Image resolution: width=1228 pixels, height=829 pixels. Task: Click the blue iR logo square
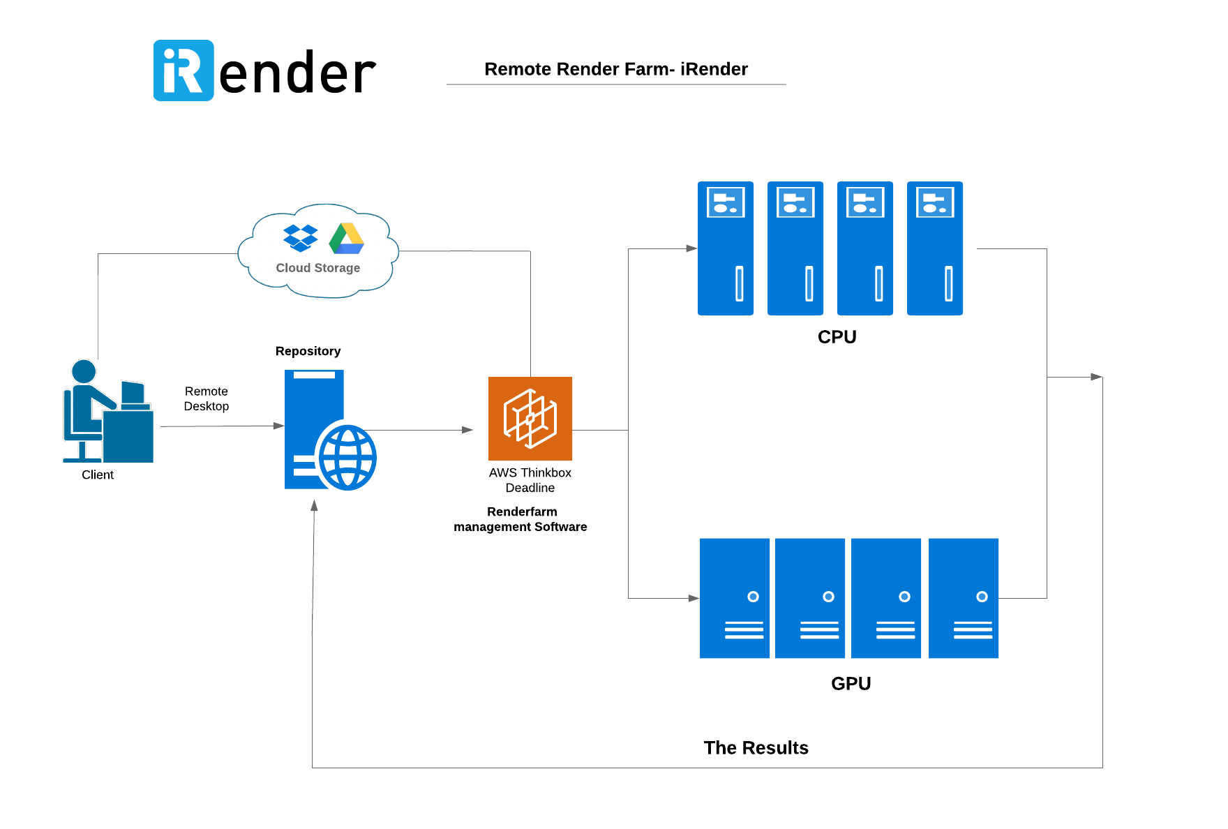[184, 70]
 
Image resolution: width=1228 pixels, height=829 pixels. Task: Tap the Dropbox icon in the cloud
[300, 238]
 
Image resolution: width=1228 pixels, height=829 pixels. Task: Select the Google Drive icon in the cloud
[347, 239]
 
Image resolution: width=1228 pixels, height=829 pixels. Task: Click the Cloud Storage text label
[317, 268]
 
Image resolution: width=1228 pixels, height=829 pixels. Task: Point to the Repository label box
[308, 352]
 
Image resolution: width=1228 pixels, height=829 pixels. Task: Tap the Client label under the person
[98, 476]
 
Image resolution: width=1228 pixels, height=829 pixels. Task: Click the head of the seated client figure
[84, 371]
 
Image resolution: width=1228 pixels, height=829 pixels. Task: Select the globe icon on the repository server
[347, 457]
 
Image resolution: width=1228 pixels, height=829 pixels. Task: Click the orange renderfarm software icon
[530, 419]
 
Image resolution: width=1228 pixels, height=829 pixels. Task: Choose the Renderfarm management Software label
[521, 520]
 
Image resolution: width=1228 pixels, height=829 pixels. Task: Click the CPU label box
[837, 338]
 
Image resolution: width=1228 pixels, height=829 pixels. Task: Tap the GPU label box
[851, 685]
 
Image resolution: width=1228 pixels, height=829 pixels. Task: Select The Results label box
[756, 749]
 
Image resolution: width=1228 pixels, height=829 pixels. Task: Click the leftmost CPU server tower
[726, 248]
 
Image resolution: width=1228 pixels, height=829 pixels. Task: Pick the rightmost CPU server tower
[935, 248]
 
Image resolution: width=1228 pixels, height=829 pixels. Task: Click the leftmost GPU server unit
[735, 598]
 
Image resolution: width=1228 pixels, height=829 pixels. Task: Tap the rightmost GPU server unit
[964, 598]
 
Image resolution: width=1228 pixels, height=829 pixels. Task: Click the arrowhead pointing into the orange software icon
[468, 430]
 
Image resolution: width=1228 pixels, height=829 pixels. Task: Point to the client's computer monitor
[133, 393]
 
